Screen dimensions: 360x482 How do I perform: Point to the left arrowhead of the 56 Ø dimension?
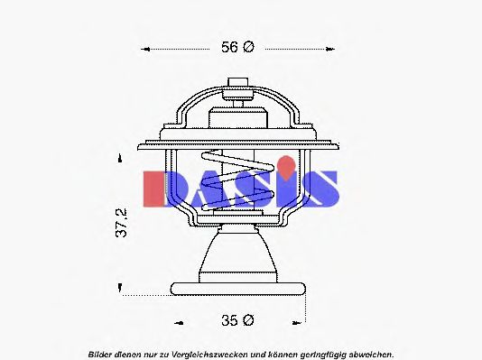click(147, 49)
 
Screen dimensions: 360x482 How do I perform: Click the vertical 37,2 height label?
click(121, 223)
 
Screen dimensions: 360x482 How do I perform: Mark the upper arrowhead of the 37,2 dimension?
click(121, 157)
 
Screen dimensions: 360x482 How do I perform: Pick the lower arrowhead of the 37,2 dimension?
click(121, 288)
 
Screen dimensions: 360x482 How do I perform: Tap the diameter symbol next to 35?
click(248, 319)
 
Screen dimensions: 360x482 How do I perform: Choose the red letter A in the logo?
click(203, 188)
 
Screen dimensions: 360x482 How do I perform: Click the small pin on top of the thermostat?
click(239, 86)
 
